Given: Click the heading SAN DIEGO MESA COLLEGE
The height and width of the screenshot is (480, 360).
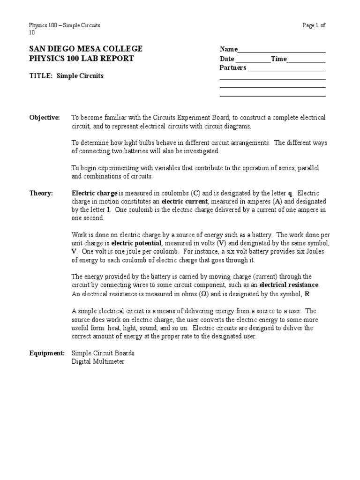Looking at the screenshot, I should (86, 49).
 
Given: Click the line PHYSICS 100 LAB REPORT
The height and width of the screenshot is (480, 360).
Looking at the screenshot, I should (82, 59).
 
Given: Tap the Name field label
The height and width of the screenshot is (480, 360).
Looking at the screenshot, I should (229, 50).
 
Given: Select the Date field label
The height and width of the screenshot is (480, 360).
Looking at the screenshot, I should (227, 59).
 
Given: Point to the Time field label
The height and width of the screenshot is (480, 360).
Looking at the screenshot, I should (278, 59).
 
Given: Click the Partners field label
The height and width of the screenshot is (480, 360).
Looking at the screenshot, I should (233, 67).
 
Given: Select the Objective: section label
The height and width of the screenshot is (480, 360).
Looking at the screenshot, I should (45, 117).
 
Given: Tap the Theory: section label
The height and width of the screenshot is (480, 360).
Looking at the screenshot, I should (41, 193).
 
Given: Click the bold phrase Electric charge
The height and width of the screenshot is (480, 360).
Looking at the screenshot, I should (94, 193).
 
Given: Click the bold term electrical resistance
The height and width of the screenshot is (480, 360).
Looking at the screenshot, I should (289, 285).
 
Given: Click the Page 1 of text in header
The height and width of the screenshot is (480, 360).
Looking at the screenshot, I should (314, 25).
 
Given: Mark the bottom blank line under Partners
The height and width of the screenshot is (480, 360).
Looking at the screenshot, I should (272, 96).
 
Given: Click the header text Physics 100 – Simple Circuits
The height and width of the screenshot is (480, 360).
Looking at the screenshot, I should (65, 25).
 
